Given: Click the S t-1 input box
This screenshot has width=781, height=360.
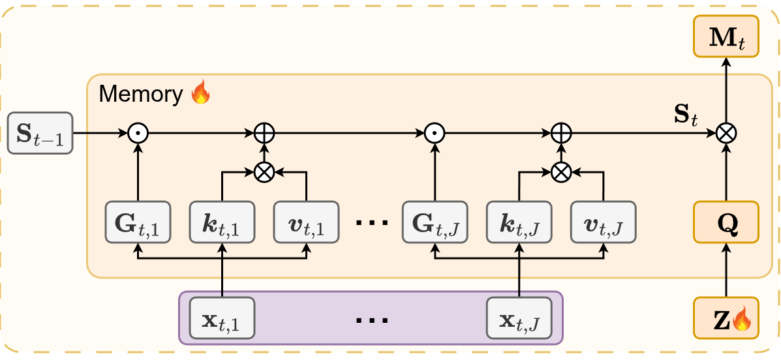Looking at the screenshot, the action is [x=40, y=134].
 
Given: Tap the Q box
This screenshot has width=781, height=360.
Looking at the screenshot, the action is [x=726, y=222].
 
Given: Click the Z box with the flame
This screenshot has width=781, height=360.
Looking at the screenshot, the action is [x=726, y=318].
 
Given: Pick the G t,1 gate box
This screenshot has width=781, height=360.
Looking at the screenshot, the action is [x=138, y=222].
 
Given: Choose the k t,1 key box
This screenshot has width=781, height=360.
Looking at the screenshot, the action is [x=222, y=222].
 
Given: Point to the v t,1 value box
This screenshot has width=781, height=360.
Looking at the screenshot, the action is [x=306, y=222].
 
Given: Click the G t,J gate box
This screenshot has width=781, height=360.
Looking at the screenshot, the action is [x=435, y=222].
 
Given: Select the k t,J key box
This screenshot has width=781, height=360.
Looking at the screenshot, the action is [x=519, y=222].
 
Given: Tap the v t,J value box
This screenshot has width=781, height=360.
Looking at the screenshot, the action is [x=604, y=222].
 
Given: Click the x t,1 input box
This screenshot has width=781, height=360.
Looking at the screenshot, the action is [x=222, y=318].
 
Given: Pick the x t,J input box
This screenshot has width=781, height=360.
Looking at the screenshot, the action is [x=519, y=318].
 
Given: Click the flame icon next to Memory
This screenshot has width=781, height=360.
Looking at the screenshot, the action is [x=200, y=93].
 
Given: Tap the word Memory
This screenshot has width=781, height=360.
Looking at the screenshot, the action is [x=141, y=95].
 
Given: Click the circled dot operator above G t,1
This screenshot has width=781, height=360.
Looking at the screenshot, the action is [x=138, y=134].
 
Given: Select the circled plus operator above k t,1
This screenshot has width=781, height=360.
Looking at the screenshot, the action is [x=264, y=134].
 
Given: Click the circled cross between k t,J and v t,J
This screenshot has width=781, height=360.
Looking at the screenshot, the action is [x=562, y=172].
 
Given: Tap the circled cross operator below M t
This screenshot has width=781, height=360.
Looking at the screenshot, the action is [x=726, y=134].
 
